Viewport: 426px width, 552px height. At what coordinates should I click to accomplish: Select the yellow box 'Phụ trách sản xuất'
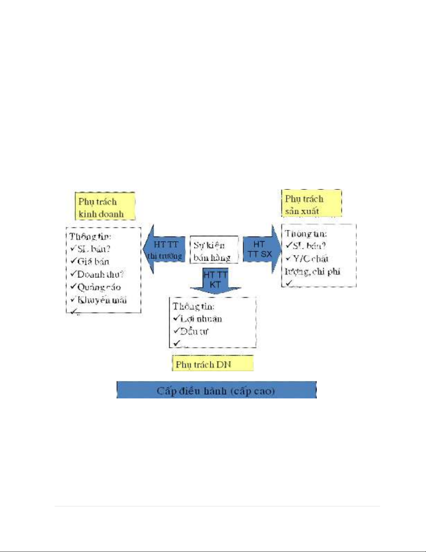(x=311, y=204)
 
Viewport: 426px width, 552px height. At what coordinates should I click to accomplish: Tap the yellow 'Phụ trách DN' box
(x=212, y=364)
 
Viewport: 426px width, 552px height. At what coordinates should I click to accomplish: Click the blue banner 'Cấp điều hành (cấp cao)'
(x=216, y=390)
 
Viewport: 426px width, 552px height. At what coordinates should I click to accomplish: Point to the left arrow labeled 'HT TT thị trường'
(x=164, y=250)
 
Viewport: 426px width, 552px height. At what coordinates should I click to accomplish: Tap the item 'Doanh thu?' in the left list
(x=100, y=274)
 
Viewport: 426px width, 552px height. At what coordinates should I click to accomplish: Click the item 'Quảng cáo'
(x=99, y=287)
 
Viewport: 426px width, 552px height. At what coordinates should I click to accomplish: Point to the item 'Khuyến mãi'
(x=102, y=300)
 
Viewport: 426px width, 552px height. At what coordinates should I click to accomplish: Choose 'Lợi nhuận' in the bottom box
(x=201, y=318)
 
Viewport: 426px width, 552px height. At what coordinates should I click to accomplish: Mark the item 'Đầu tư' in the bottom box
(x=194, y=331)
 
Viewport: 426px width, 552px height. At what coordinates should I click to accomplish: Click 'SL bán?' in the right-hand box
(x=309, y=246)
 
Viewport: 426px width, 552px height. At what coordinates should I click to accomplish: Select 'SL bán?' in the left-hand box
(x=94, y=249)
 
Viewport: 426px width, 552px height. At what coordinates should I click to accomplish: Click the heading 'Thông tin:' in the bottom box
(x=193, y=306)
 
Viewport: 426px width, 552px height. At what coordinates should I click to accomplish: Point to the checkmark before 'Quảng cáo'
(x=73, y=286)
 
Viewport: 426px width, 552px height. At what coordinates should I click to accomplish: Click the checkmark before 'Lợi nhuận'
(x=176, y=318)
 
